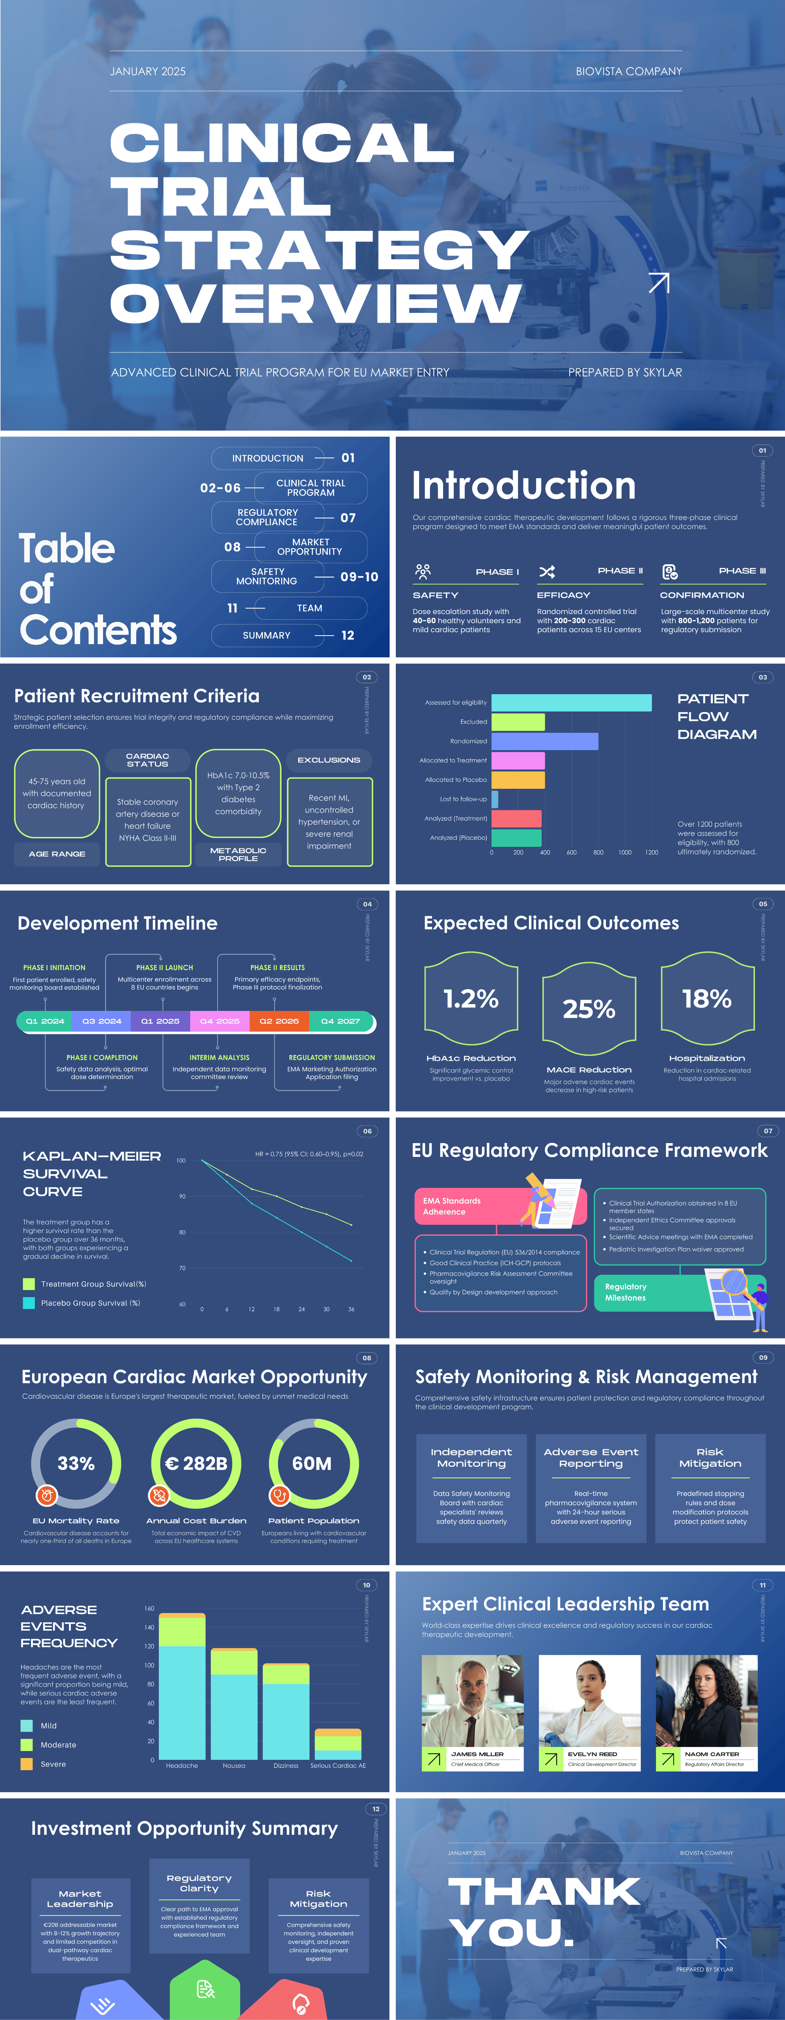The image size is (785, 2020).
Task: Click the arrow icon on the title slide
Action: tap(659, 282)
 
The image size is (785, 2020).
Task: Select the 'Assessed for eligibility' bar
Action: tap(571, 703)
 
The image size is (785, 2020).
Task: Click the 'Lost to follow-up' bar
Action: tap(495, 799)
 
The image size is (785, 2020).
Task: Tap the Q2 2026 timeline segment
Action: tap(279, 1021)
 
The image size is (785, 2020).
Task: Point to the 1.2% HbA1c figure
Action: tap(470, 999)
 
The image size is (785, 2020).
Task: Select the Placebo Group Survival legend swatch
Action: tap(29, 1303)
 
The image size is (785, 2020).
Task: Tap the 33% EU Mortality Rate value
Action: tap(76, 1463)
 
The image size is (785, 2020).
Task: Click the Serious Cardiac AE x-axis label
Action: tap(338, 1766)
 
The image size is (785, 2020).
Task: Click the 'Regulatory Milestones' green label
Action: tap(626, 1292)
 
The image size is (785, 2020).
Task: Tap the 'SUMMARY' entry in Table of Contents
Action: tap(267, 635)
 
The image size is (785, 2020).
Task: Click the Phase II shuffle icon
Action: tap(547, 572)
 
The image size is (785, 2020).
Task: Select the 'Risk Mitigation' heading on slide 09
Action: tap(710, 1458)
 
